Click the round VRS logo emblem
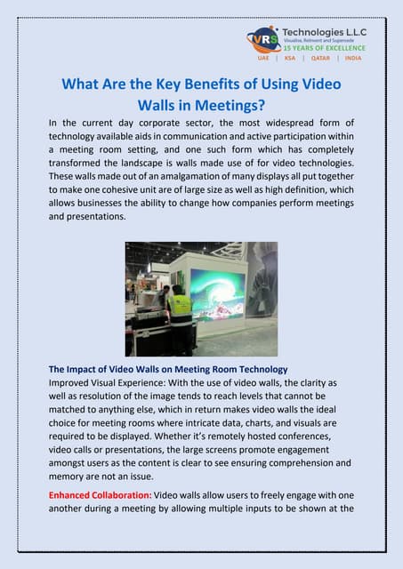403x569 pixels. pyautogui.click(x=263, y=41)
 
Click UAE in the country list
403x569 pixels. pyautogui.click(x=263, y=59)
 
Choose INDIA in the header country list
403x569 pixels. pyautogui.click(x=353, y=59)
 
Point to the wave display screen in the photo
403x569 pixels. pyautogui.click(x=219, y=294)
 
